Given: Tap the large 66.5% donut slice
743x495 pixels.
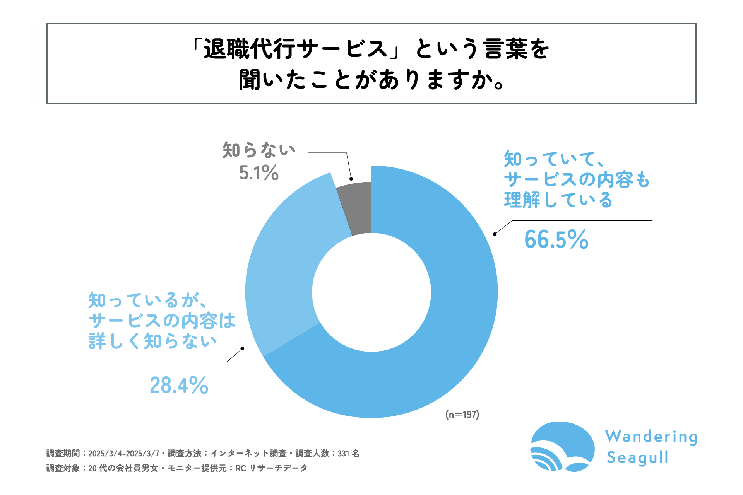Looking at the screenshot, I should coord(445,329).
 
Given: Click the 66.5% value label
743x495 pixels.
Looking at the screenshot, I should coord(556,239).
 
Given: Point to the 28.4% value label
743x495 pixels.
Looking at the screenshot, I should coord(179,385).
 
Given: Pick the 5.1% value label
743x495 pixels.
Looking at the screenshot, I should coord(259,173).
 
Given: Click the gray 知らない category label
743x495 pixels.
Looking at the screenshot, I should coord(259,150).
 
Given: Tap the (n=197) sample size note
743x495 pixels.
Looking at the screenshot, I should coord(462,415).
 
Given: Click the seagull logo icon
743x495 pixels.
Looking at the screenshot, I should coord(562,447).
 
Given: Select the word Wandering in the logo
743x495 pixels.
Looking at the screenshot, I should coord(651,437).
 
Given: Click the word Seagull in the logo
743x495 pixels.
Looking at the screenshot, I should coord(637,457).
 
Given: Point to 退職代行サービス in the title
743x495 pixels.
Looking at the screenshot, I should coord(296,49).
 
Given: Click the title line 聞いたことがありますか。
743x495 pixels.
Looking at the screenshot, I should coord(371,80).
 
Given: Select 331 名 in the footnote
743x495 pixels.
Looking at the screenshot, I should coord(348,453).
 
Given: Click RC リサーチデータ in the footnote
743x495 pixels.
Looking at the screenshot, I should coord(271,468).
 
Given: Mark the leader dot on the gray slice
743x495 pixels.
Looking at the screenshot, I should coord(351,179).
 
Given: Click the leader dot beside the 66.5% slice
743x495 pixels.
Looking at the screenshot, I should coord(495,234).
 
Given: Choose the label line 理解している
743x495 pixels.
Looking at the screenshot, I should coord(558,200).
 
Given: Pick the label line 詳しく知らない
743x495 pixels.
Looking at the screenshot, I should coord(152,341).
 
